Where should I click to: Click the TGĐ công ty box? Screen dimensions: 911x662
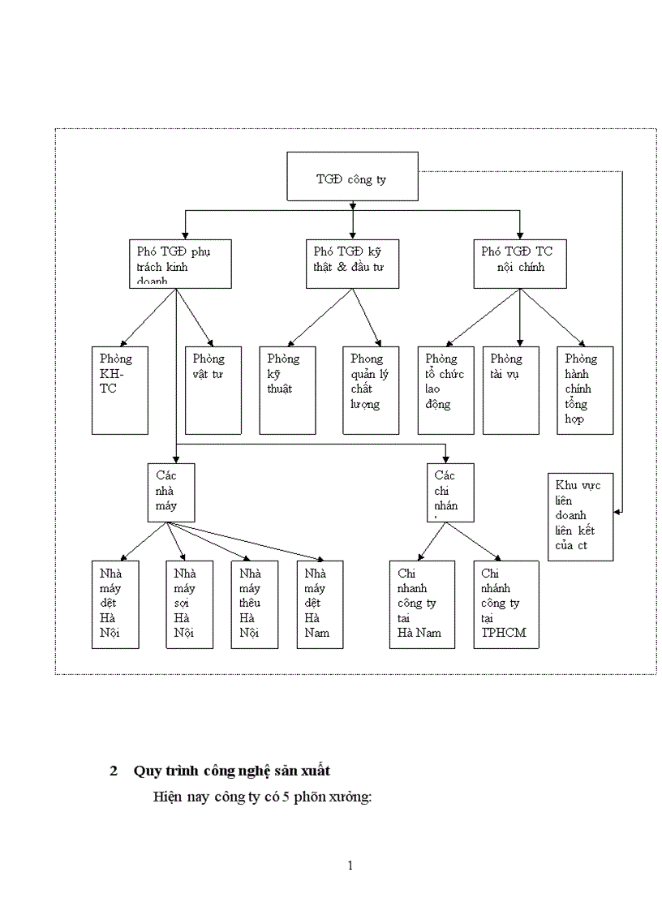point(353,176)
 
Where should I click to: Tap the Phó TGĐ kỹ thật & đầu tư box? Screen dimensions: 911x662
point(352,263)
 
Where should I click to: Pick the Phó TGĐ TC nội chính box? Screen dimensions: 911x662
point(520,263)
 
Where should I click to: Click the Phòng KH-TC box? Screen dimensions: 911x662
point(119,389)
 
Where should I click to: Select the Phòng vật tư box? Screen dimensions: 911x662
point(213,389)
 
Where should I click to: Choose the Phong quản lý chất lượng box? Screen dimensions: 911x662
point(371,389)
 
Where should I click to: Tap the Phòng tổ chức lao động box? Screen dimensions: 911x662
point(445,389)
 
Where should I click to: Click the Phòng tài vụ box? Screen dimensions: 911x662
point(511,389)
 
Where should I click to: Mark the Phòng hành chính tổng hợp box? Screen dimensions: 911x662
point(585,389)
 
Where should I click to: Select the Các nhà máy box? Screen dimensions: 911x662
point(171,492)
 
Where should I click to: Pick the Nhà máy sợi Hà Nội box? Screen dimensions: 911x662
point(189,604)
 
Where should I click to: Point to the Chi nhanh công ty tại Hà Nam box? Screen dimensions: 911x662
point(420,604)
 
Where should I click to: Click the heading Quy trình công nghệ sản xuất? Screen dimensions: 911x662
point(230,771)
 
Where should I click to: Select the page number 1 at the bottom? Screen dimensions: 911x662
point(350,865)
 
